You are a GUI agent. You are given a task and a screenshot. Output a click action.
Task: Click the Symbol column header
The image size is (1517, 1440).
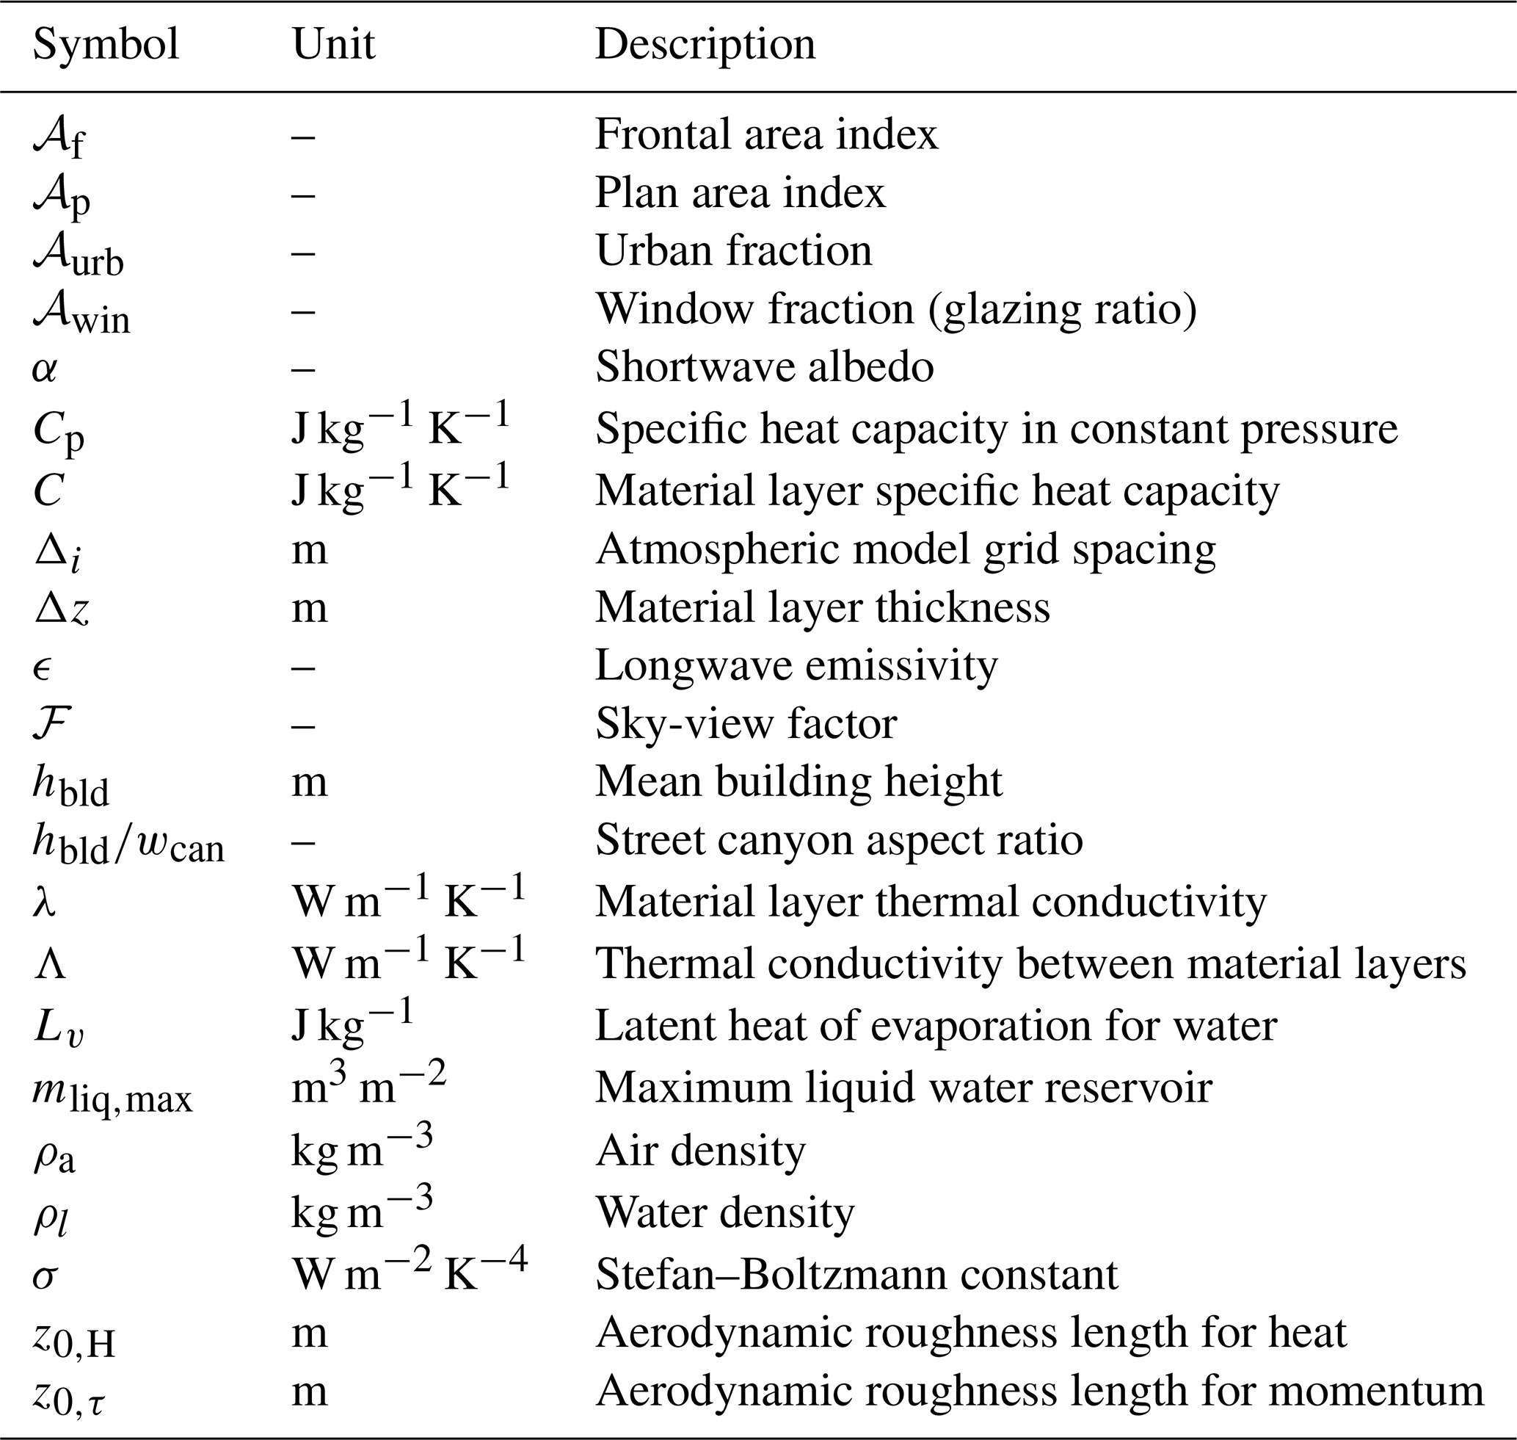(106, 45)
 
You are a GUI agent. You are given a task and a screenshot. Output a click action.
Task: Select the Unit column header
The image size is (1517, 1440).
(333, 45)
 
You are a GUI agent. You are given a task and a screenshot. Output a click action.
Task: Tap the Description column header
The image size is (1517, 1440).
(705, 45)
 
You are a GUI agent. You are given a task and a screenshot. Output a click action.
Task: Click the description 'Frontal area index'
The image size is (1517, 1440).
(765, 134)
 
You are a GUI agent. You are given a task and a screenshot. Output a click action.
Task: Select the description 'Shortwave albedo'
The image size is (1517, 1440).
(764, 366)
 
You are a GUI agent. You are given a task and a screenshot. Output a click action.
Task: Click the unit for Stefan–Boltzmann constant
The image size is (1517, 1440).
(410, 1275)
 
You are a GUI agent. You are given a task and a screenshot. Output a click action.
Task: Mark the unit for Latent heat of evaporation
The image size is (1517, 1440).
(352, 1024)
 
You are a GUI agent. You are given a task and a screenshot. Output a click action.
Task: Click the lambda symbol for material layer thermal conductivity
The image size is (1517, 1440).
(45, 902)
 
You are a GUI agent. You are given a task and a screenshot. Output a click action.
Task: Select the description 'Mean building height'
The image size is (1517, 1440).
(798, 781)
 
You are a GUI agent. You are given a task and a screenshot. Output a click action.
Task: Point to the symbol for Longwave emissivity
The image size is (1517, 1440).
(43, 666)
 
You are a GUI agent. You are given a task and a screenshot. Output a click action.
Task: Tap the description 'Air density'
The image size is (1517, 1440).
(700, 1151)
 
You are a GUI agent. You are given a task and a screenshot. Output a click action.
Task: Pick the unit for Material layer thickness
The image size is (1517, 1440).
(309, 608)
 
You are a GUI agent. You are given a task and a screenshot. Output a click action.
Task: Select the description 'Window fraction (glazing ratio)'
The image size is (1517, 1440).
(895, 309)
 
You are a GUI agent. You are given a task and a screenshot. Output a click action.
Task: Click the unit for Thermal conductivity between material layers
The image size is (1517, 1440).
(408, 963)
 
